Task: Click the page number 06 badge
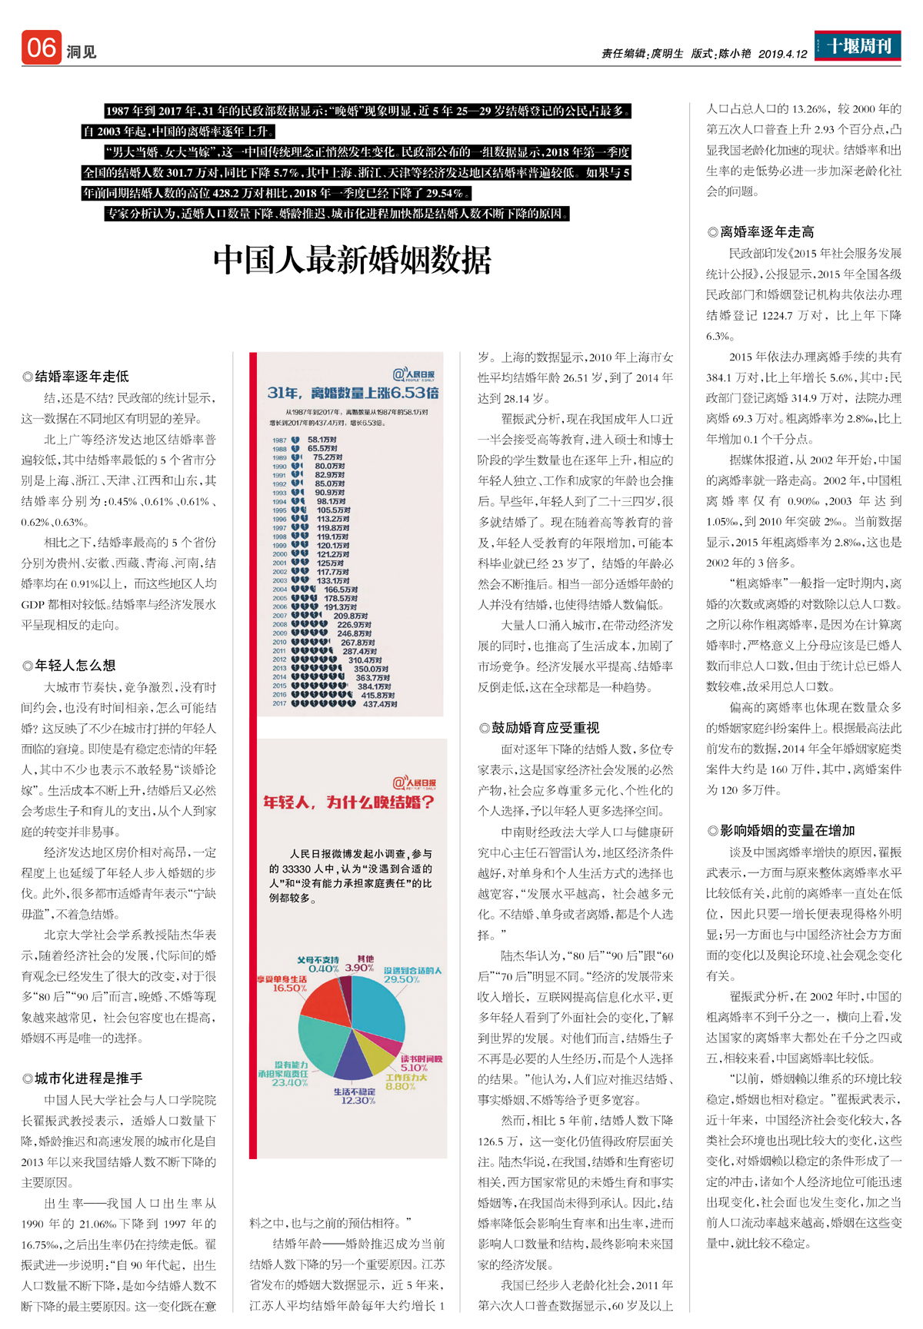click(41, 48)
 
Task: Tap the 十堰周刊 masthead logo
click(858, 46)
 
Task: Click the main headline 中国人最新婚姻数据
click(352, 260)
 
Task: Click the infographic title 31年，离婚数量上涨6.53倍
click(353, 394)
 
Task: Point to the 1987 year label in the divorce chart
click(279, 440)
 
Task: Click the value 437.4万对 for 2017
click(380, 704)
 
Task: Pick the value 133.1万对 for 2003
click(333, 581)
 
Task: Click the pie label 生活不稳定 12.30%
click(355, 1096)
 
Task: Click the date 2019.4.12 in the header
click(783, 54)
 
